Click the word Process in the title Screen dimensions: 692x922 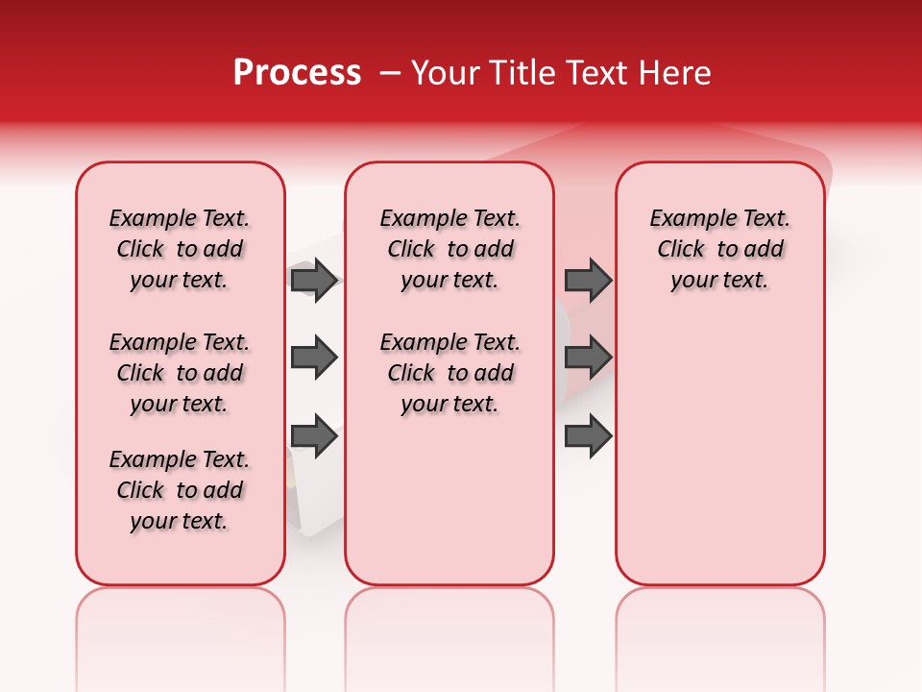click(297, 73)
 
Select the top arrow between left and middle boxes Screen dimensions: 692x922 click(314, 280)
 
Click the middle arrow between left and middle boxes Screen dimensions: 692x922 click(314, 358)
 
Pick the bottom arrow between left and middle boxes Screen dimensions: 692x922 click(314, 436)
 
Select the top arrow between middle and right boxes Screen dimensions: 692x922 click(588, 280)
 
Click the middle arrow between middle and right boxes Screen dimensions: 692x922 click(588, 358)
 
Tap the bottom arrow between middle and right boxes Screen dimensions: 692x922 click(588, 436)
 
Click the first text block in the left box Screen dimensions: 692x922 click(180, 249)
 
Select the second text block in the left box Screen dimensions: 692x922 click(180, 373)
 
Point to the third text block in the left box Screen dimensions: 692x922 click(180, 490)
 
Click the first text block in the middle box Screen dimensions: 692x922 click(449, 249)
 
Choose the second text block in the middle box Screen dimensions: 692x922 click(449, 373)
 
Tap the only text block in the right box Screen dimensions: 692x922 click(719, 249)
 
